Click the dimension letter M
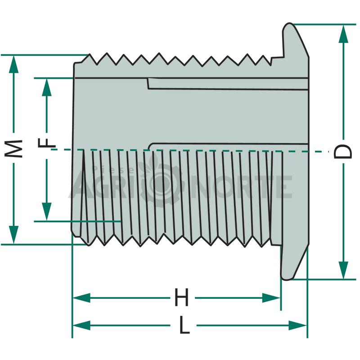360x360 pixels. coord(14,148)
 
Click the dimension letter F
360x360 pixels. coord(47,143)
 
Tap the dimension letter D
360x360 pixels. coord(342,152)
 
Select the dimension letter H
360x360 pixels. coord(182,297)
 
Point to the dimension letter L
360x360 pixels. coord(184,325)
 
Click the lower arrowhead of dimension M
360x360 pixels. coord(14,234)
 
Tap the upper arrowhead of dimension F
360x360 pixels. coord(47,87)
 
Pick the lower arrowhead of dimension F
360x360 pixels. coord(47,211)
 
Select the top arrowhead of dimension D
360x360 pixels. coord(343,34)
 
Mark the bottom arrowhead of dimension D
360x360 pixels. coord(343,270)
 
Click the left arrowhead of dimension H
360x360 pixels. coord(82,298)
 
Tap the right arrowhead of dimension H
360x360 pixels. coord(271,298)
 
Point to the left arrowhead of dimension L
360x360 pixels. coord(82,325)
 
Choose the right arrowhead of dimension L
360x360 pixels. coord(297,325)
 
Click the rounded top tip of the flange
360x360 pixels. coord(289,23)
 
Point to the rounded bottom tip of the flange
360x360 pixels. coord(287,279)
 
